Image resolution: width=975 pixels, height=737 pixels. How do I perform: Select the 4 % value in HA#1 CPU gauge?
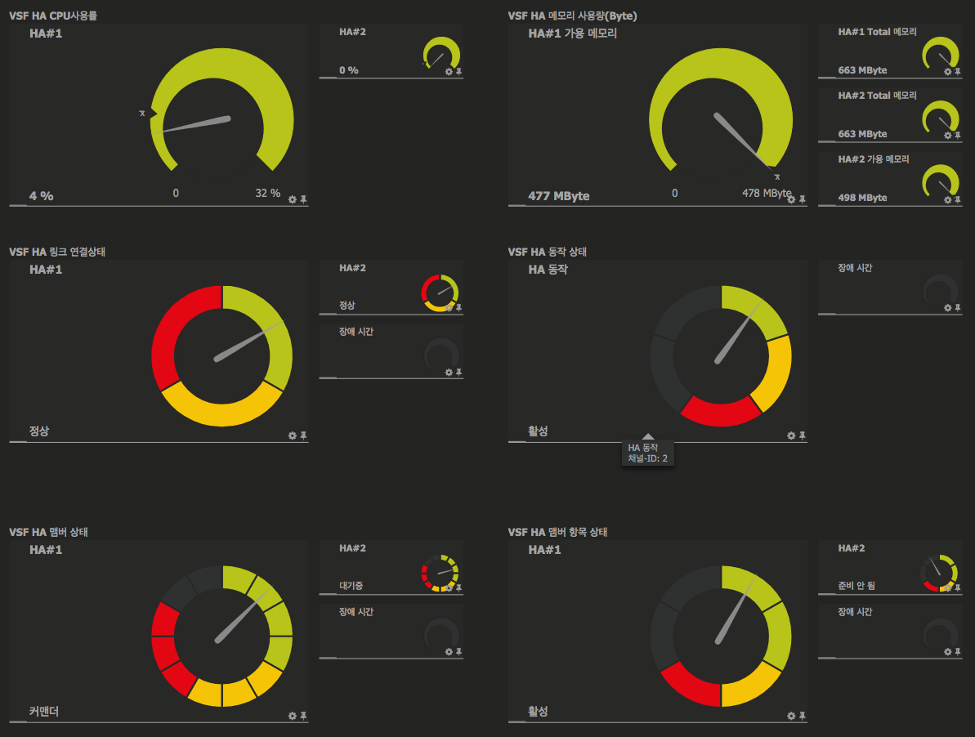41,196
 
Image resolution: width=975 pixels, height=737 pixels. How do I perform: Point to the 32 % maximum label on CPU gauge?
267,194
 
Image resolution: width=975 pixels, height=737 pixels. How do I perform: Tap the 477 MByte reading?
558,196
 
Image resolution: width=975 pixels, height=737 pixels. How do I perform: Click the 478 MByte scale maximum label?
766,194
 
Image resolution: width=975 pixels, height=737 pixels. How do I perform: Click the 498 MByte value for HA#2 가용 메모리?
862,198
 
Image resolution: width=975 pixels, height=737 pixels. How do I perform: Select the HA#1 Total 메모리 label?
877,32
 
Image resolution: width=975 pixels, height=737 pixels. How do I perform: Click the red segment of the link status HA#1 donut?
168,335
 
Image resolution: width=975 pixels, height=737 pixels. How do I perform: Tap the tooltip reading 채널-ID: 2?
647,458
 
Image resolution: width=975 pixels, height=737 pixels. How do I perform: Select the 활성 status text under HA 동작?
538,431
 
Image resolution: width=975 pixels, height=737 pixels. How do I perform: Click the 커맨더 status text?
44,712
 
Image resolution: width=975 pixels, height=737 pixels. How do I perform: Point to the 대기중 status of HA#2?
351,585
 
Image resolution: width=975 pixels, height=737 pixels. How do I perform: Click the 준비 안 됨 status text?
856,585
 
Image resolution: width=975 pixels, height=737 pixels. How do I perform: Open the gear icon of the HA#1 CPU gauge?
292,199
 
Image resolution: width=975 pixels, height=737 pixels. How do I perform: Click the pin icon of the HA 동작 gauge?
803,435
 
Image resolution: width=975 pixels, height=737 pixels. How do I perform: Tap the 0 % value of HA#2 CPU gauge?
349,70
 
